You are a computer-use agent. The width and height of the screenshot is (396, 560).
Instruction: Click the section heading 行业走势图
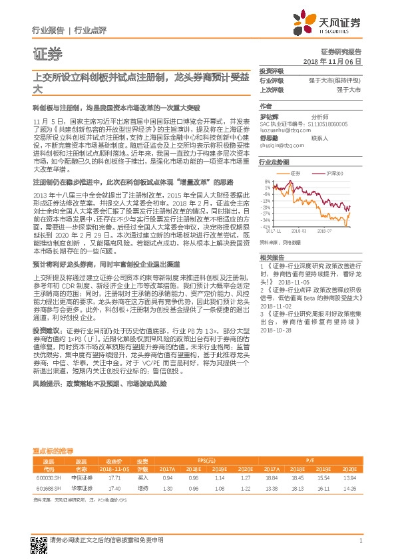tap(274, 162)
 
